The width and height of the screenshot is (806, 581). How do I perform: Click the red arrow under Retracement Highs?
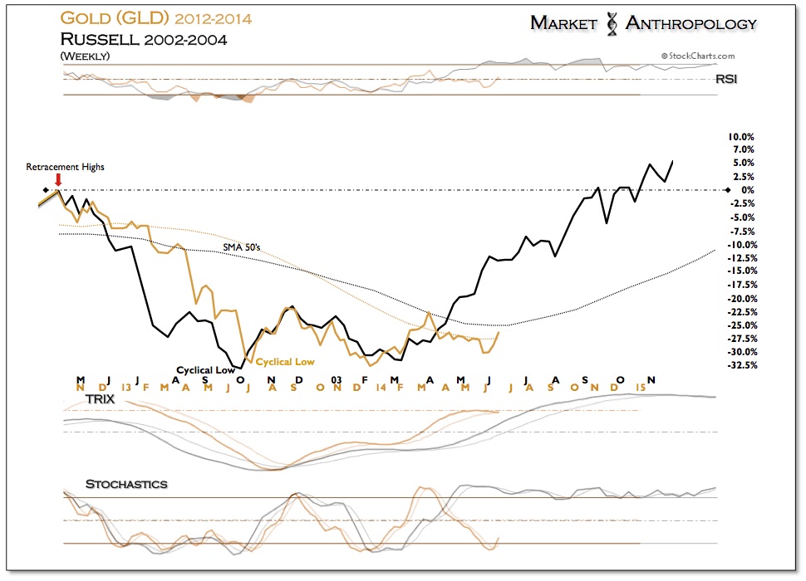(57, 179)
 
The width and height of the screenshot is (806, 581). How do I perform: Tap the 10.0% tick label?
(740, 136)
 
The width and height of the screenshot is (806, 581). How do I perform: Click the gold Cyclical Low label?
(285, 362)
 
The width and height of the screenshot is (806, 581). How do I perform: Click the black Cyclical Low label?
(205, 370)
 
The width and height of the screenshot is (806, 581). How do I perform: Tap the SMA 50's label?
(241, 247)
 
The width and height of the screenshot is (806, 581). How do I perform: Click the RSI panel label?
(725, 80)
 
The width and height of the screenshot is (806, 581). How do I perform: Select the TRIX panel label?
(99, 399)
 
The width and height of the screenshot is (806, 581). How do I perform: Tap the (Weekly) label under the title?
(85, 55)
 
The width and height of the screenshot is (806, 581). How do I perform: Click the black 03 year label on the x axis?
(337, 379)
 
